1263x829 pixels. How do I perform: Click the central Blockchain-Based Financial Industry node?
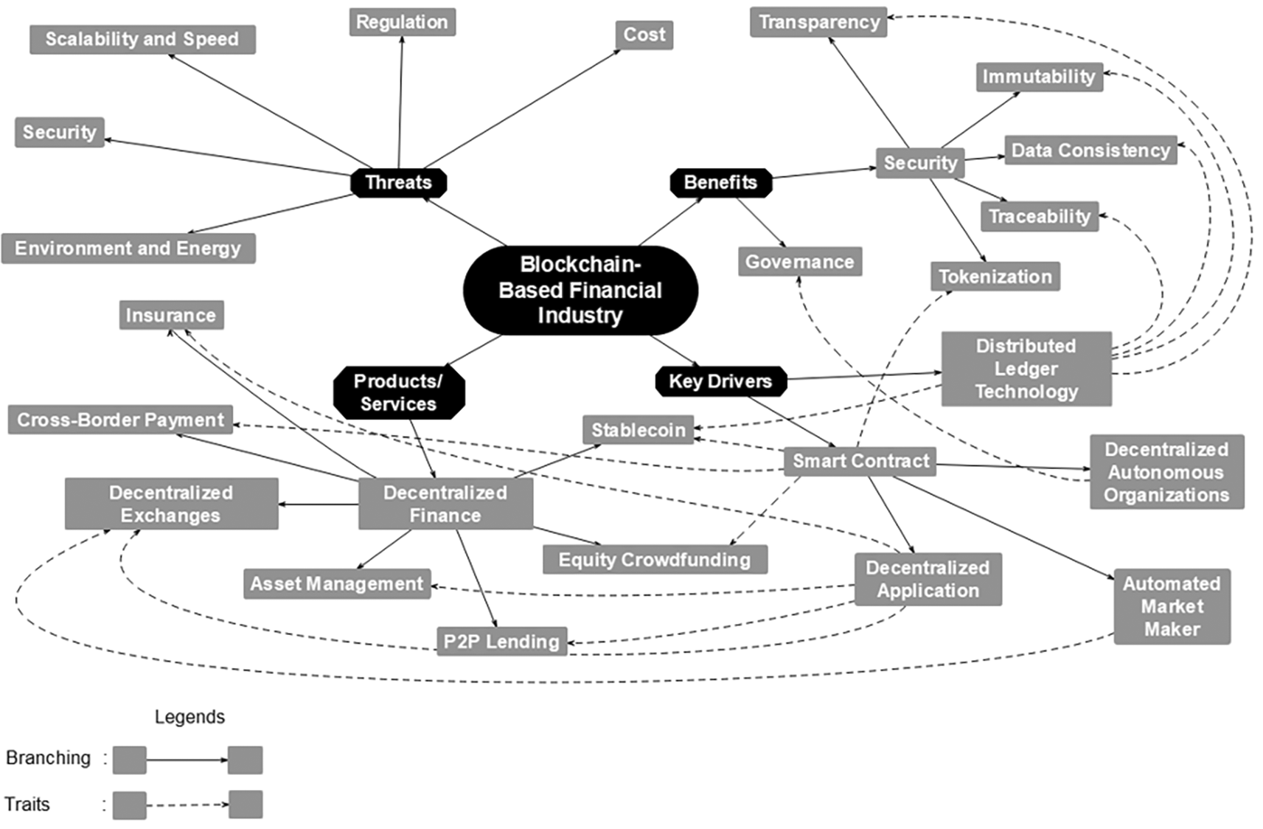[x=580, y=290]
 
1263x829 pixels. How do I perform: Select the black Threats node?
[x=398, y=182]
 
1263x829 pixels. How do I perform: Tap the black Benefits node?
[x=720, y=182]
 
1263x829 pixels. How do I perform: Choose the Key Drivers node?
[x=720, y=381]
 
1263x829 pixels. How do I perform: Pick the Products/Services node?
[x=399, y=392]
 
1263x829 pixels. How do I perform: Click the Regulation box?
[x=402, y=22]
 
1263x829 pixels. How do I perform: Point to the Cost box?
[x=644, y=35]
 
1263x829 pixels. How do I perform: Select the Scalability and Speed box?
[x=142, y=39]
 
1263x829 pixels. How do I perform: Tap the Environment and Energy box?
[x=128, y=249]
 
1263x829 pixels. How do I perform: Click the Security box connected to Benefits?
[x=920, y=163]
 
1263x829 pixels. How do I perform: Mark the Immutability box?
[x=1039, y=77]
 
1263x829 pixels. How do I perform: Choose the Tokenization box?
[x=995, y=277]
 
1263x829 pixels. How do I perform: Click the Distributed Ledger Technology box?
[x=1026, y=369]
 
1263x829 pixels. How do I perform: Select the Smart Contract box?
[x=860, y=461]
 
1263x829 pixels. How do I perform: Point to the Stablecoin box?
[x=639, y=430]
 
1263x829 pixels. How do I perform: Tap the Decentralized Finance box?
[x=445, y=504]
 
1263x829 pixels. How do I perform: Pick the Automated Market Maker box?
[x=1172, y=606]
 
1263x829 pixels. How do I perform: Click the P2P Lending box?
[x=501, y=642]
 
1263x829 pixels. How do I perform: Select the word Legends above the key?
[x=189, y=717]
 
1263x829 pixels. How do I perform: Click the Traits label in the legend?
[x=27, y=804]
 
